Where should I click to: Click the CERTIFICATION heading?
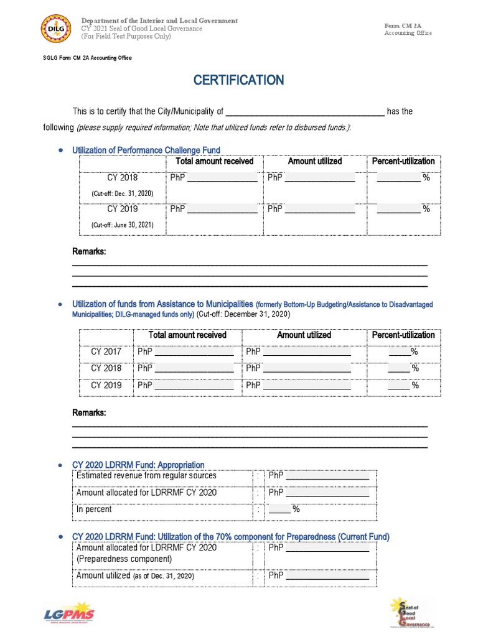coord(238,80)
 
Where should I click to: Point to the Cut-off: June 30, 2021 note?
coord(122,225)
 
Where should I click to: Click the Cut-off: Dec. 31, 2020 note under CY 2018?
coord(122,193)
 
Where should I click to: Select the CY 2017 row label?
coord(106,351)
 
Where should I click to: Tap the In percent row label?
coord(94,509)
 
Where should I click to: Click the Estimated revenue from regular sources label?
coord(146,475)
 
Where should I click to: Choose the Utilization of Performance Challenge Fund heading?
coord(146,150)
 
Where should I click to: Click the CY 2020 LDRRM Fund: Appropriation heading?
coord(138,465)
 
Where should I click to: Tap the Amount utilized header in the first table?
coord(314,161)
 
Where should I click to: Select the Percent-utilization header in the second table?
coord(403,335)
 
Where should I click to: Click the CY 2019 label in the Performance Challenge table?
coord(122,209)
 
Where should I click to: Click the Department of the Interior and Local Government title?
coord(159,21)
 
